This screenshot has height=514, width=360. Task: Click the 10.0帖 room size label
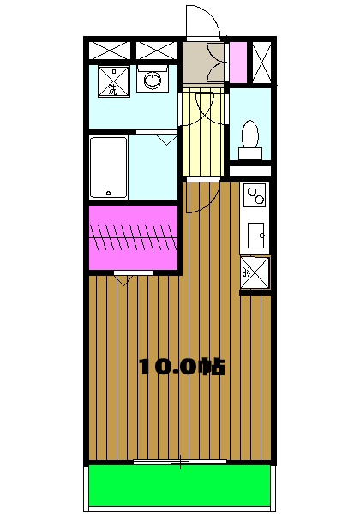coord(182,368)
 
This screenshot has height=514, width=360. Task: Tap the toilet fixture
coord(250,137)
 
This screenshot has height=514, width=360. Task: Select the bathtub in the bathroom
coord(109,167)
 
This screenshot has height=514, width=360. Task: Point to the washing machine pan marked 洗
coord(112,82)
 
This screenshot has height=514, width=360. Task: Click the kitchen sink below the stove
coord(255,233)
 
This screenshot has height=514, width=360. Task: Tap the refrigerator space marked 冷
coord(255,272)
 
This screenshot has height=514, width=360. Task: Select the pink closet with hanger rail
coord(133,235)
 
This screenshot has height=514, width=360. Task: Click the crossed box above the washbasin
coord(155,49)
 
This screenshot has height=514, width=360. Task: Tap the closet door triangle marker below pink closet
coord(123,278)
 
